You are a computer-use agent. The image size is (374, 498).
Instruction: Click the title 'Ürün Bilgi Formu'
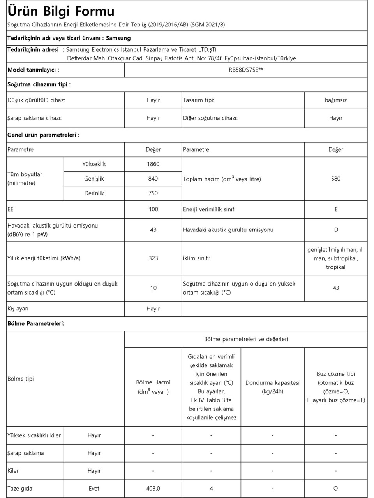[x=61, y=11]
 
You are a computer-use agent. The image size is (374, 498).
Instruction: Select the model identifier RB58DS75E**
[x=246, y=70]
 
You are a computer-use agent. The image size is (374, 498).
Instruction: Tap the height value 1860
[x=153, y=164]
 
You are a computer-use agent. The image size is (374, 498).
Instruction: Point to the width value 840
[x=153, y=179]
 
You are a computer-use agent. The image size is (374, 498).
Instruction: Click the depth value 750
[x=153, y=193]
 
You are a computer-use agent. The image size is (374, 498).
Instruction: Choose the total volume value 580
[x=335, y=179]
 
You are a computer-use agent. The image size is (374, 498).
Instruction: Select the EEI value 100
[x=153, y=209]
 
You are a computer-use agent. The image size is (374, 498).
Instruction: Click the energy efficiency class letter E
[x=336, y=209]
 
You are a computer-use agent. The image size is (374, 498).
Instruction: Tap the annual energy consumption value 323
[x=153, y=258]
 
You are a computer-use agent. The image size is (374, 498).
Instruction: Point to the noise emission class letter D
[x=336, y=230]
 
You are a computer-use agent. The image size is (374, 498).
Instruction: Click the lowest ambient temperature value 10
[x=153, y=288]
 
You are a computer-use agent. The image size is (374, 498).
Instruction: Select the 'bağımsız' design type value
[x=335, y=100]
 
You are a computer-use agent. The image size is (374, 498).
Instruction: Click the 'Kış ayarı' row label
[x=18, y=309]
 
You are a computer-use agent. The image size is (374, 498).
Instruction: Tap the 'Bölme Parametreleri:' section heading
[x=36, y=324]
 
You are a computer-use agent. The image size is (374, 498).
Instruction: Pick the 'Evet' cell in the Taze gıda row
[x=94, y=489]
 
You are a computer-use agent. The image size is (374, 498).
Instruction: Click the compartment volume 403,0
[x=153, y=489]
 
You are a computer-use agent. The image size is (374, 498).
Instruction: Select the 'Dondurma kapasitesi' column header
[x=272, y=383]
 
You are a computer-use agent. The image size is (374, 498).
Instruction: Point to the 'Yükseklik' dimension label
[x=94, y=164]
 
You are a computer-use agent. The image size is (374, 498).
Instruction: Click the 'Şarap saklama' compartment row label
[x=26, y=453]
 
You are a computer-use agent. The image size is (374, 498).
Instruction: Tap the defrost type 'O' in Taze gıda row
[x=335, y=489]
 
